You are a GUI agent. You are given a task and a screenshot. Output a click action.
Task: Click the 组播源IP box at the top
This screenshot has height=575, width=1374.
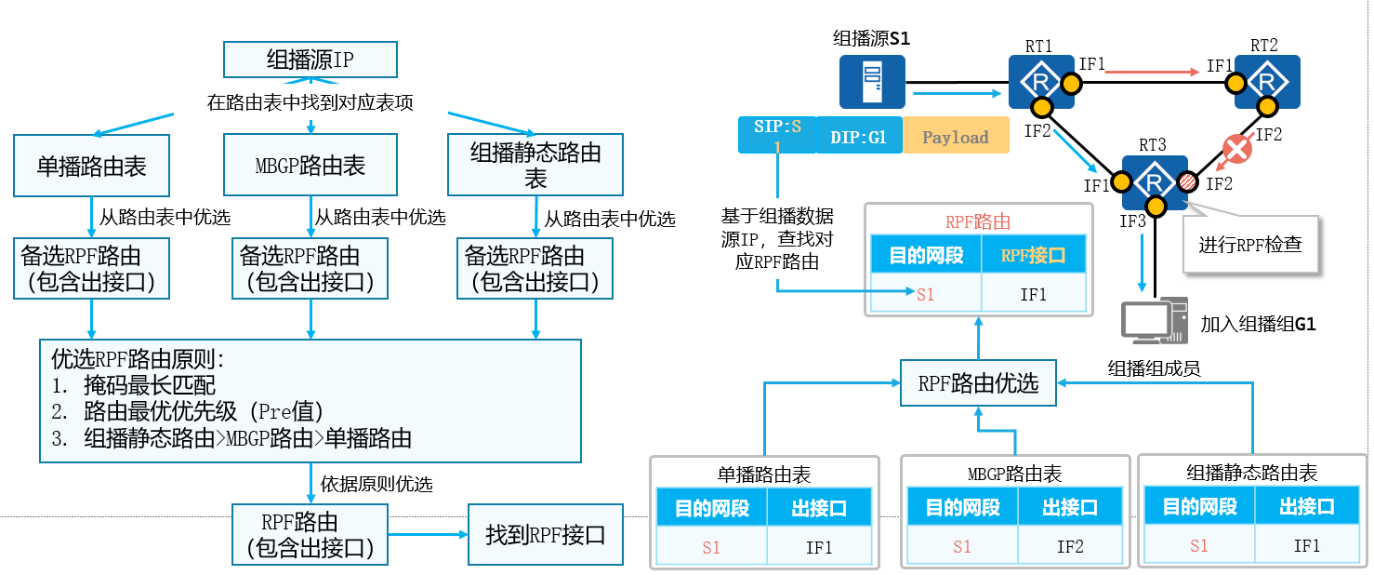[x=310, y=60]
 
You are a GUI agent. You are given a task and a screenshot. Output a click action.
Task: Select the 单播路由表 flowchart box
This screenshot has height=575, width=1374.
[x=91, y=166]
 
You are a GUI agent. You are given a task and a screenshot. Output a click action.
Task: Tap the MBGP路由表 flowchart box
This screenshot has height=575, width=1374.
[x=310, y=166]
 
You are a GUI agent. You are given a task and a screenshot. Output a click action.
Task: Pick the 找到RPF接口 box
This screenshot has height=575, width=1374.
[x=545, y=535]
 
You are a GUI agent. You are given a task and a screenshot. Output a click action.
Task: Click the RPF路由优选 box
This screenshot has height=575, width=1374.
[x=978, y=383]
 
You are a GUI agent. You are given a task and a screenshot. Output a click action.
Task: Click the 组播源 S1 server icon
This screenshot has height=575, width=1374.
[x=872, y=82]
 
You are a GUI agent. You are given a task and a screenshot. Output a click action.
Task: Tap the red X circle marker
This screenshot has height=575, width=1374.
[x=1235, y=148]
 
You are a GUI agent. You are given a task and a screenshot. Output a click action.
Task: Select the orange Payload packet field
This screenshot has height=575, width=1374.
[x=955, y=137]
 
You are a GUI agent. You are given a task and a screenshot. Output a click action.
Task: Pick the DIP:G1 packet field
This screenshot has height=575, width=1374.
[x=858, y=137]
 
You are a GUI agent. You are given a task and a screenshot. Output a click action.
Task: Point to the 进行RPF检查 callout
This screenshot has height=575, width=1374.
[x=1250, y=246]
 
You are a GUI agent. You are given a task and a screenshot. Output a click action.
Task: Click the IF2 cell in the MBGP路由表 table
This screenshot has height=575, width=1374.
[x=1070, y=546]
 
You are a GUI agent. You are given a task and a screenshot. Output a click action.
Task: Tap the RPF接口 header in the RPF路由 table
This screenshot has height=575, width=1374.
[x=1033, y=255]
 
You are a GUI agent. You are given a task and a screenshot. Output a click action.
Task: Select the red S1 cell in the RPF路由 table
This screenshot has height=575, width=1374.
[x=925, y=294]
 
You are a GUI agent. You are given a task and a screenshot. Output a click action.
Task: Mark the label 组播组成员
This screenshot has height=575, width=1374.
[x=1154, y=368]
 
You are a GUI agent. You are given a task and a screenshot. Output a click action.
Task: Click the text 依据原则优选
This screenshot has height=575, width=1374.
[x=377, y=484]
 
